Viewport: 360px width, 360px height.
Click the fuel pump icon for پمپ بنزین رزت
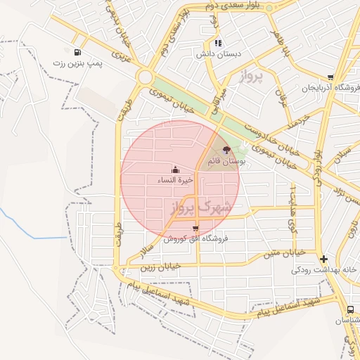point(76,52)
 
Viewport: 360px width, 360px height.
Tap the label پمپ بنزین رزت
point(76,63)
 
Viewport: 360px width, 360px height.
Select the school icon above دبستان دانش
point(218,43)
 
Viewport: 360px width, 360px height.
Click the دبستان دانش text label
point(218,53)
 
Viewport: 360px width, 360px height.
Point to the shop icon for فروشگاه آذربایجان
point(330,78)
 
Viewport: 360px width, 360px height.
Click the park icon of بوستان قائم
point(226,150)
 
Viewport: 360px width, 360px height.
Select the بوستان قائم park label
point(226,161)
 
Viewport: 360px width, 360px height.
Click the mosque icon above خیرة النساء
point(175,169)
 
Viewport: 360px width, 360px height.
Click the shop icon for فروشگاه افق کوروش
point(195,229)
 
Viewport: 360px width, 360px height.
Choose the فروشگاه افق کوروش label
point(195,239)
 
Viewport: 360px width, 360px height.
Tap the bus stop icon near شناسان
point(350,309)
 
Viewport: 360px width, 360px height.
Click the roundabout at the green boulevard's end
point(146,77)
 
